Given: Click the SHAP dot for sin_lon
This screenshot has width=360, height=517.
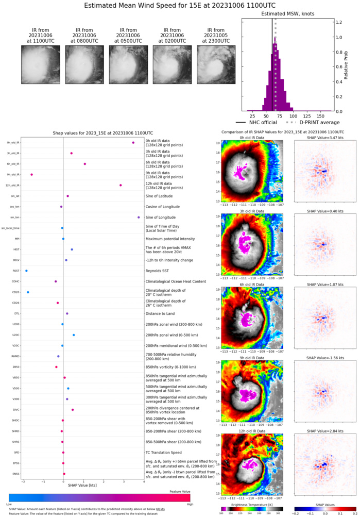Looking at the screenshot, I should pos(139,218).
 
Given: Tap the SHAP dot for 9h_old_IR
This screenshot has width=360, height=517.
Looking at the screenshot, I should pos(32,175).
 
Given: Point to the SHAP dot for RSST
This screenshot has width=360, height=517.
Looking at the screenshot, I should pos(26,271).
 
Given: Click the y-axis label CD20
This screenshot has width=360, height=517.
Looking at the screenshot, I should pos(16,292).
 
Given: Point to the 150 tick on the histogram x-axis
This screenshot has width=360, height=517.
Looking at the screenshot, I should pos(323,116).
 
